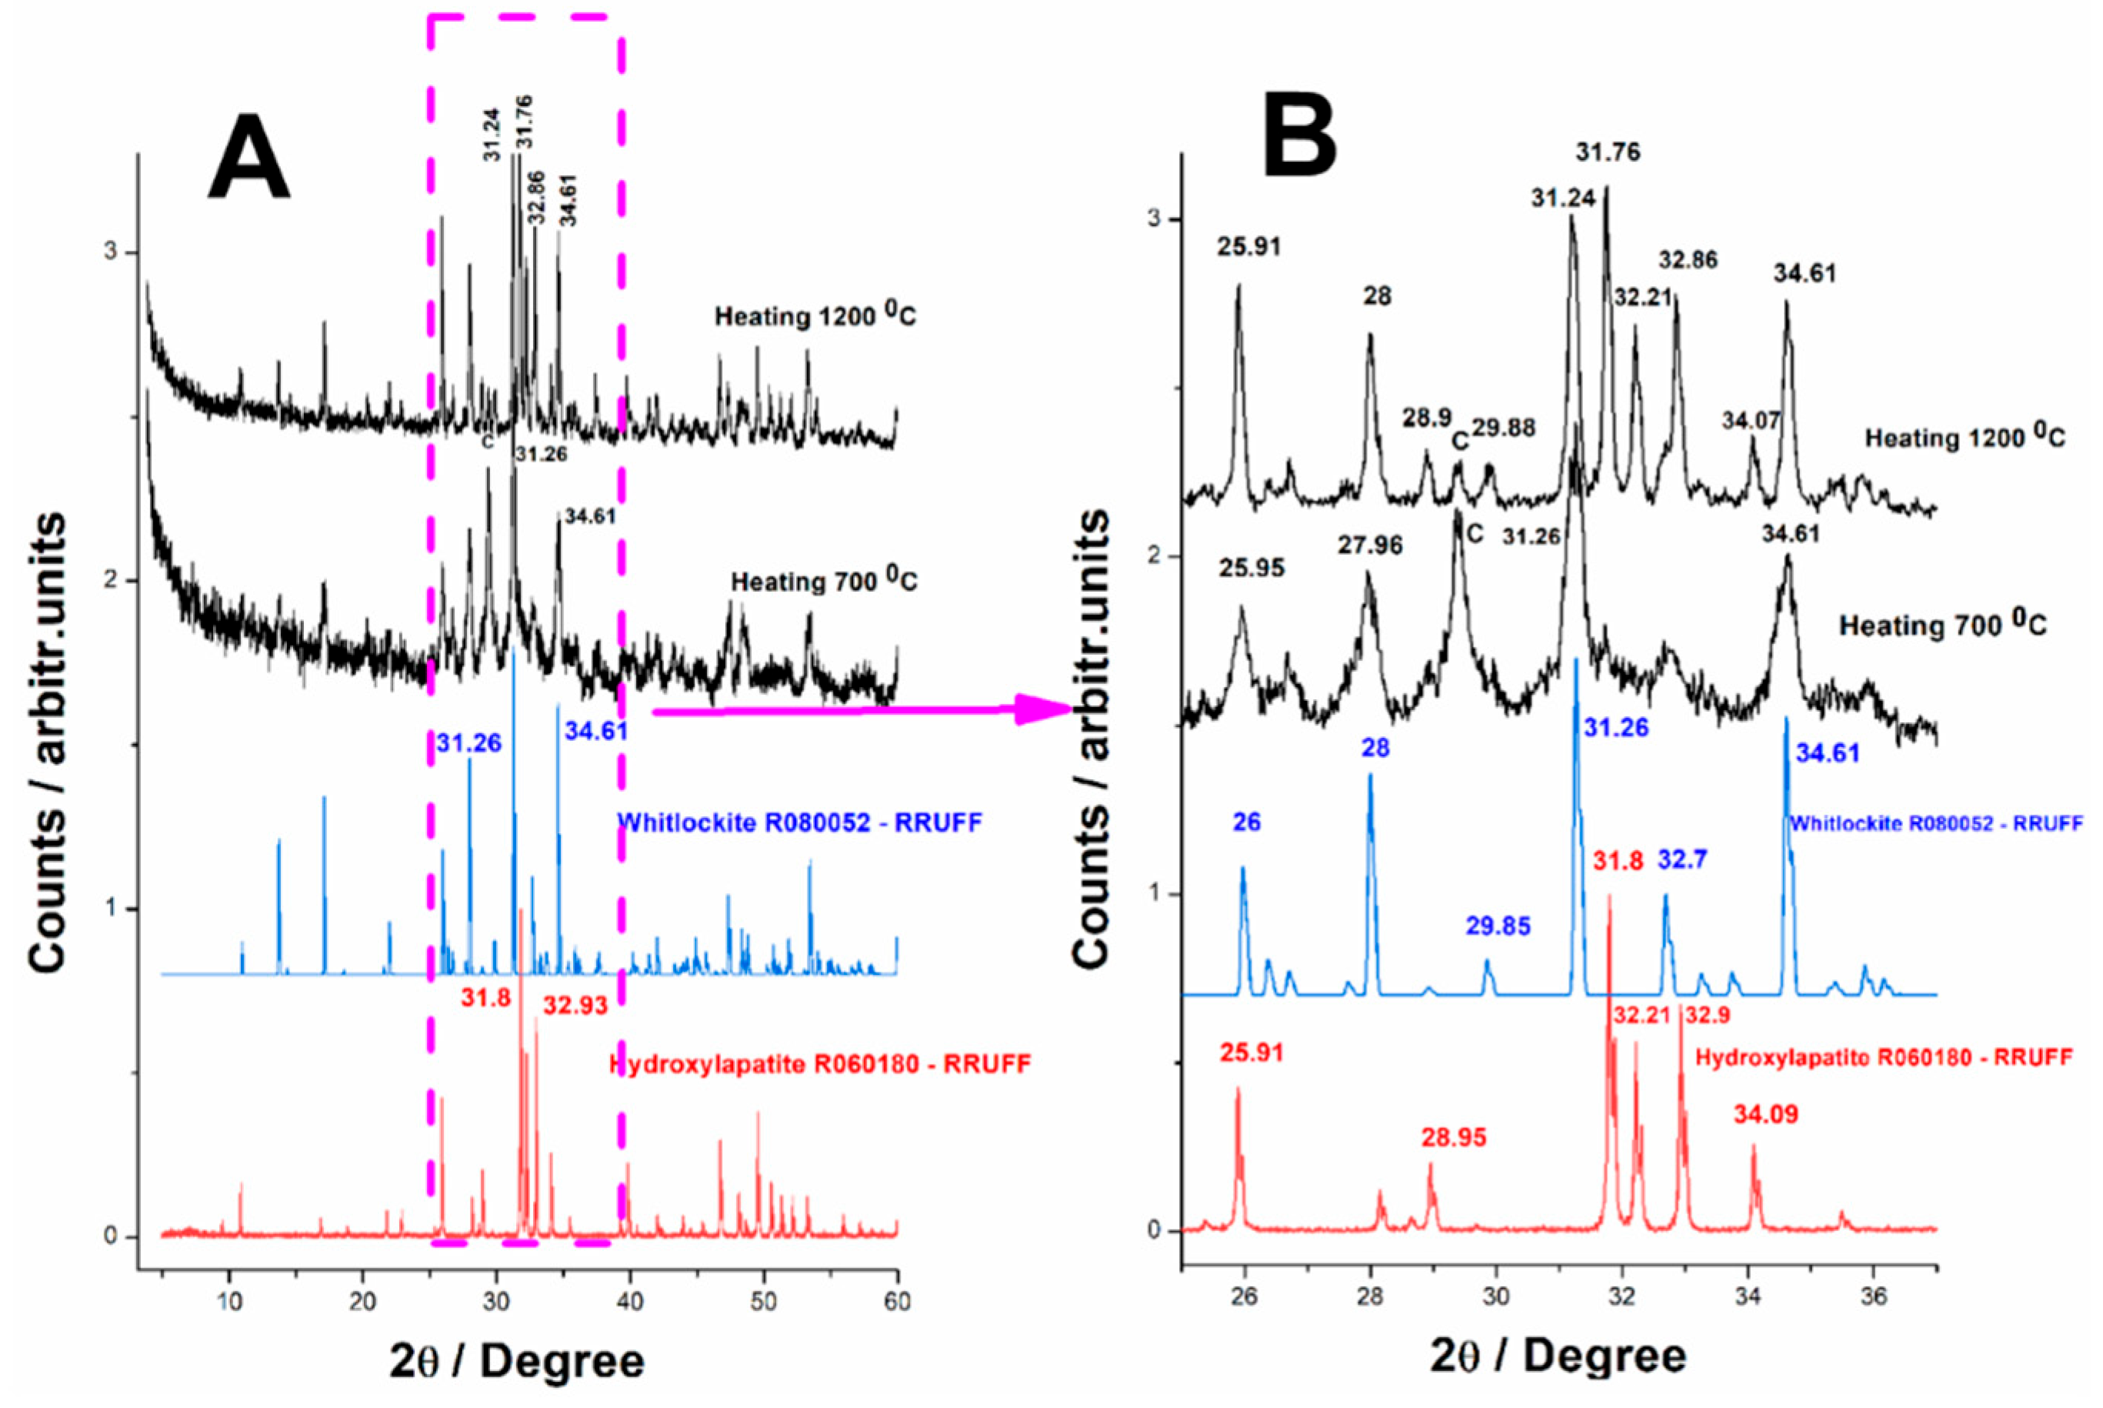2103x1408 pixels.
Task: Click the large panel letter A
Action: [x=248, y=157]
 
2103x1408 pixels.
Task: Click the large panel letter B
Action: [x=1298, y=132]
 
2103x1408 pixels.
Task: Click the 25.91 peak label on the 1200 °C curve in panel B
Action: [x=1248, y=246]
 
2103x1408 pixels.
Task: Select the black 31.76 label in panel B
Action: [x=1608, y=152]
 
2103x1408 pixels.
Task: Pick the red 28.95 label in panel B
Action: [x=1453, y=1138]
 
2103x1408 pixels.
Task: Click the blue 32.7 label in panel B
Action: [x=1682, y=860]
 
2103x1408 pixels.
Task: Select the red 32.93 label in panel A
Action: [x=575, y=1005]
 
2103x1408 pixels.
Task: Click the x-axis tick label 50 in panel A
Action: [x=764, y=1301]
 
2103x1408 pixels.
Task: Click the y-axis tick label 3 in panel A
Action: [x=112, y=252]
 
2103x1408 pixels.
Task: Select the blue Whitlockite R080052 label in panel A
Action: [x=800, y=822]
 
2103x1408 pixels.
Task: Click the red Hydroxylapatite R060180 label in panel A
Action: [x=819, y=1064]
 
